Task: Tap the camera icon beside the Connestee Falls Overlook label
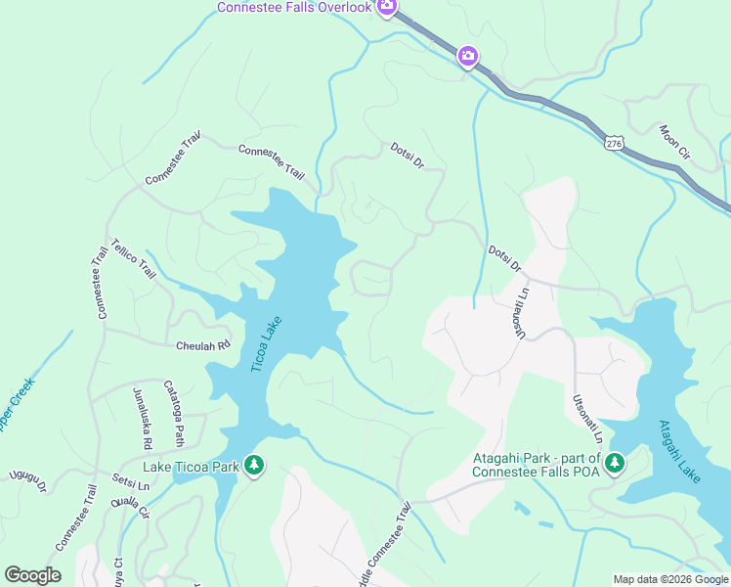click(x=387, y=8)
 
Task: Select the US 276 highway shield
click(x=613, y=143)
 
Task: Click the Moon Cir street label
click(x=674, y=142)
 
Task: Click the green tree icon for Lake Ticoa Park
click(x=254, y=465)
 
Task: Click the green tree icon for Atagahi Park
click(x=615, y=461)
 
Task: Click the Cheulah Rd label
click(x=202, y=345)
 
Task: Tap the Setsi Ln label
click(x=130, y=483)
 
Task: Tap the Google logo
click(x=32, y=575)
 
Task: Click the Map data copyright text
click(x=669, y=579)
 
